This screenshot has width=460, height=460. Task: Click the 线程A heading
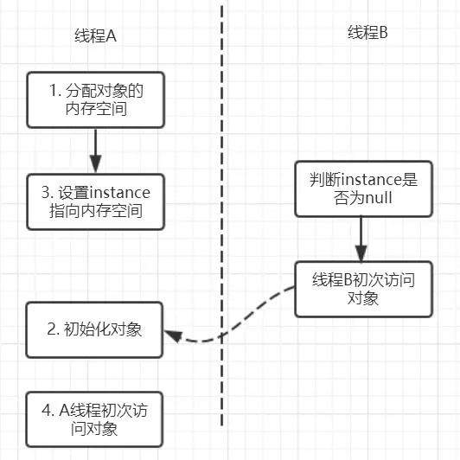[x=95, y=37]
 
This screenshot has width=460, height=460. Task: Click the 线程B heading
[x=367, y=34]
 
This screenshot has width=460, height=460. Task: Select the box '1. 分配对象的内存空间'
[x=95, y=99]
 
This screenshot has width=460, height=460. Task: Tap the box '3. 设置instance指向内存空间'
[x=95, y=201]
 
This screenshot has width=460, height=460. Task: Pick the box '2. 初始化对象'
[x=95, y=329]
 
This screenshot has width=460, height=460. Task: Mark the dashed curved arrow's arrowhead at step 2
[x=170, y=335]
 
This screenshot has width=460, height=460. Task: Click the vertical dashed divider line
[x=222, y=216]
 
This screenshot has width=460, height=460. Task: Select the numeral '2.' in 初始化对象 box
[x=52, y=329]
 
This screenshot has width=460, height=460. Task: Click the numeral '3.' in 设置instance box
[x=49, y=192]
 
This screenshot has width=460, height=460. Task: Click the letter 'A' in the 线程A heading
[x=110, y=37]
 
